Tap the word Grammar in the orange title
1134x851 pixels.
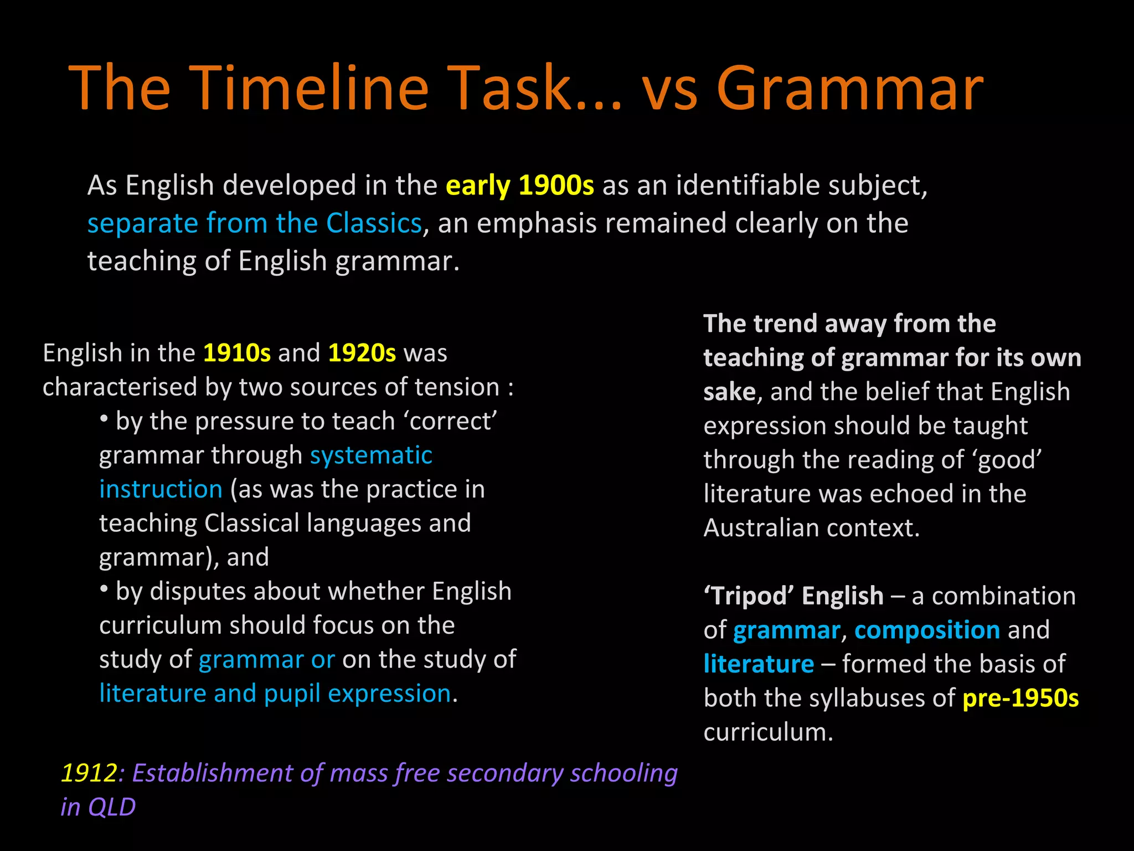coord(850,89)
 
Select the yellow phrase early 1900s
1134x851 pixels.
coord(520,186)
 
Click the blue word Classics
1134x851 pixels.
coord(374,223)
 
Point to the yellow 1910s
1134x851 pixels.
coord(237,353)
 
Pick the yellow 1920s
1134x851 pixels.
coord(362,353)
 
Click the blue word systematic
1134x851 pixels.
coord(371,455)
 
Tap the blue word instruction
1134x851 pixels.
coord(161,489)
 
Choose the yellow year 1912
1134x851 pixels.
coord(89,773)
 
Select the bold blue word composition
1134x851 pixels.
coord(927,630)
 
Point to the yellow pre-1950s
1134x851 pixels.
coord(1020,698)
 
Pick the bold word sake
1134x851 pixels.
coord(729,392)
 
